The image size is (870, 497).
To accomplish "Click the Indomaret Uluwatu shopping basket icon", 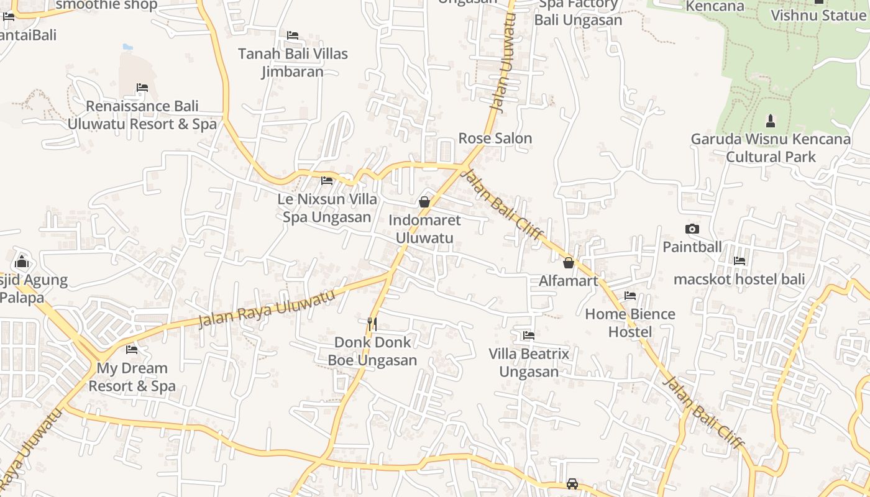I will coord(424,202).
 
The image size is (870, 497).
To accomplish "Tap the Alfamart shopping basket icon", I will coord(568,263).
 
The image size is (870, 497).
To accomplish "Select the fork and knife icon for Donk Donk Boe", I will coord(372,324).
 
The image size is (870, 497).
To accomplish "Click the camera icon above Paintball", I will coord(692,229).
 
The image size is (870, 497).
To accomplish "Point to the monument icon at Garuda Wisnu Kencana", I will coord(771,121).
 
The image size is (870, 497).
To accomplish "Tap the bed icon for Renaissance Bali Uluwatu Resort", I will coord(142,88).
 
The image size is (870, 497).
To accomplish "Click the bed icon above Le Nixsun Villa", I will coord(327,181).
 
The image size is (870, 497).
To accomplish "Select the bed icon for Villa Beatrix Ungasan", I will coord(529,335).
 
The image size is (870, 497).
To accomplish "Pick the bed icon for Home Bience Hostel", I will coord(630,296).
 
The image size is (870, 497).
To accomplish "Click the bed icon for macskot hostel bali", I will coord(739,261).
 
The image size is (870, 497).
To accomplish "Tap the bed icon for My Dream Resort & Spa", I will coord(132,350).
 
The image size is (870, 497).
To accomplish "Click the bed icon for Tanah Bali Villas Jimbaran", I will coord(293,35).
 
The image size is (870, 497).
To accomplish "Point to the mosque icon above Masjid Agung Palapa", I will coord(22,261).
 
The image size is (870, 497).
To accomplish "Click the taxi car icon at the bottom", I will coord(572,483).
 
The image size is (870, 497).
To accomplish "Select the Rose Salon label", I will coord(495,138).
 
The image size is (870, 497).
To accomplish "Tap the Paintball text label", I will coord(692,247).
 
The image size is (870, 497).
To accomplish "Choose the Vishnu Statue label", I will coord(818,15).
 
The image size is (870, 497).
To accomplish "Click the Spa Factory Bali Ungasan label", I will coord(578,12).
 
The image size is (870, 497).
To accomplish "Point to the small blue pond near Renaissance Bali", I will coord(127,47).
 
